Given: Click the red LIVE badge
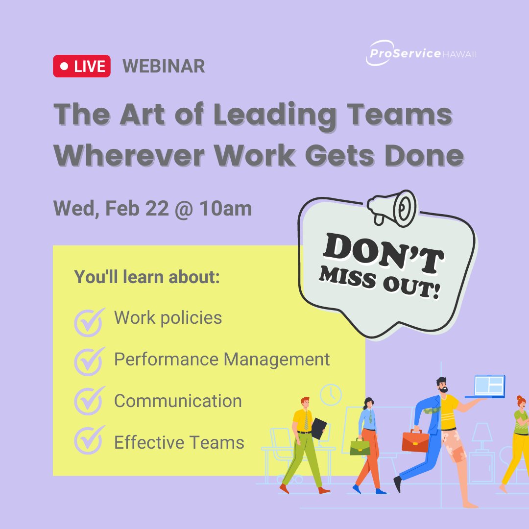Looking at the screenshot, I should pyautogui.click(x=82, y=66).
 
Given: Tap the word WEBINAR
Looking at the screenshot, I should pyautogui.click(x=164, y=66).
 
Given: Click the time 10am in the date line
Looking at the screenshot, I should pyautogui.click(x=225, y=209).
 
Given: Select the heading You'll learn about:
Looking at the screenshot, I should pyautogui.click(x=147, y=277).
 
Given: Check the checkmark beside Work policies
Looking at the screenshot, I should pyautogui.click(x=89, y=321).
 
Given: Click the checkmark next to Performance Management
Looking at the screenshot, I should pyautogui.click(x=89, y=361).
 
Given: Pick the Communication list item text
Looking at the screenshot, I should pyautogui.click(x=178, y=401).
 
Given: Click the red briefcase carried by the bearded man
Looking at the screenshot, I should pyautogui.click(x=415, y=441).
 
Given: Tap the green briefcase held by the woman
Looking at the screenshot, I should pyautogui.click(x=360, y=446).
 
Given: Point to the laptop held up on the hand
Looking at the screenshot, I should pyautogui.click(x=487, y=386).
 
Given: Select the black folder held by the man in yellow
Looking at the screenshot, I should pyautogui.click(x=319, y=428).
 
